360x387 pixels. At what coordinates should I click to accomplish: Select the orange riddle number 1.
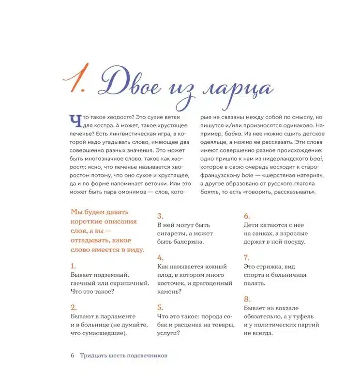pyautogui.click(x=73, y=266)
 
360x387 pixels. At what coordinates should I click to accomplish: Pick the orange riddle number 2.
pyautogui.click(x=73, y=307)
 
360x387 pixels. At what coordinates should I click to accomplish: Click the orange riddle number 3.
pyautogui.click(x=160, y=216)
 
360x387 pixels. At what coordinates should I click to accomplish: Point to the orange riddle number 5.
pyautogui.click(x=160, y=307)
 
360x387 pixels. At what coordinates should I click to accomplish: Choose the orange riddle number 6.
pyautogui.click(x=246, y=216)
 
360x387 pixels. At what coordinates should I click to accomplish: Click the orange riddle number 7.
pyautogui.click(x=246, y=257)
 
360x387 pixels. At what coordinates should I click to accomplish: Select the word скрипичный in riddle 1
pyautogui.click(x=126, y=283)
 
